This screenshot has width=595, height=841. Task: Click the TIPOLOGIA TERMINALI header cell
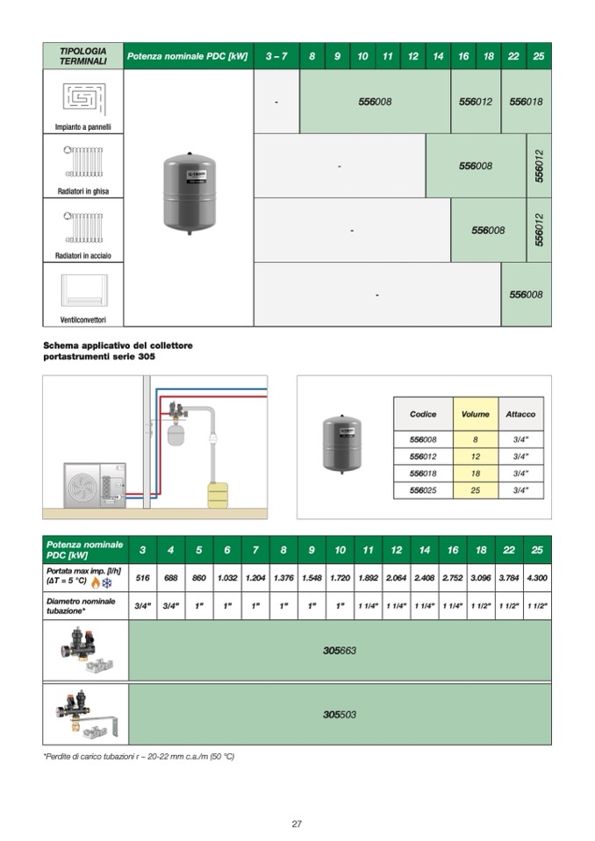pyautogui.click(x=83, y=56)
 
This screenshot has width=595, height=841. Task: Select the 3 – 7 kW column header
pyautogui.click(x=276, y=56)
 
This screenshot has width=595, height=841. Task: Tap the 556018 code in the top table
pyautogui.click(x=526, y=102)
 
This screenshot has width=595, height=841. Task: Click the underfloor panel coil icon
pyautogui.click(x=84, y=97)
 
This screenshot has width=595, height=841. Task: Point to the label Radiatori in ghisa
pyautogui.click(x=83, y=190)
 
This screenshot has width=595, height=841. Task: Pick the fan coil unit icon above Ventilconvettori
pyautogui.click(x=84, y=289)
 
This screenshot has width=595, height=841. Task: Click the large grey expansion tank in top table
pyautogui.click(x=189, y=193)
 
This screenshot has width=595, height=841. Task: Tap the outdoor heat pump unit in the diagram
pyautogui.click(x=95, y=485)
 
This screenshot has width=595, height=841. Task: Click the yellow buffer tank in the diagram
pyautogui.click(x=218, y=494)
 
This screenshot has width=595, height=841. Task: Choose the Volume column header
pyautogui.click(x=476, y=414)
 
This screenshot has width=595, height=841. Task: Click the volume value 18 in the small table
pyautogui.click(x=476, y=474)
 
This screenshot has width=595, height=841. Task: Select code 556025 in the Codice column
pyautogui.click(x=423, y=490)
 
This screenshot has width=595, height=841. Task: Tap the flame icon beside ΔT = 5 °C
pyautogui.click(x=95, y=583)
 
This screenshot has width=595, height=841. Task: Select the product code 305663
pyautogui.click(x=340, y=651)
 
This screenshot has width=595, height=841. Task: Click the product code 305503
pyautogui.click(x=340, y=715)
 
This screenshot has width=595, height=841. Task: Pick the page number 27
pyautogui.click(x=297, y=823)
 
